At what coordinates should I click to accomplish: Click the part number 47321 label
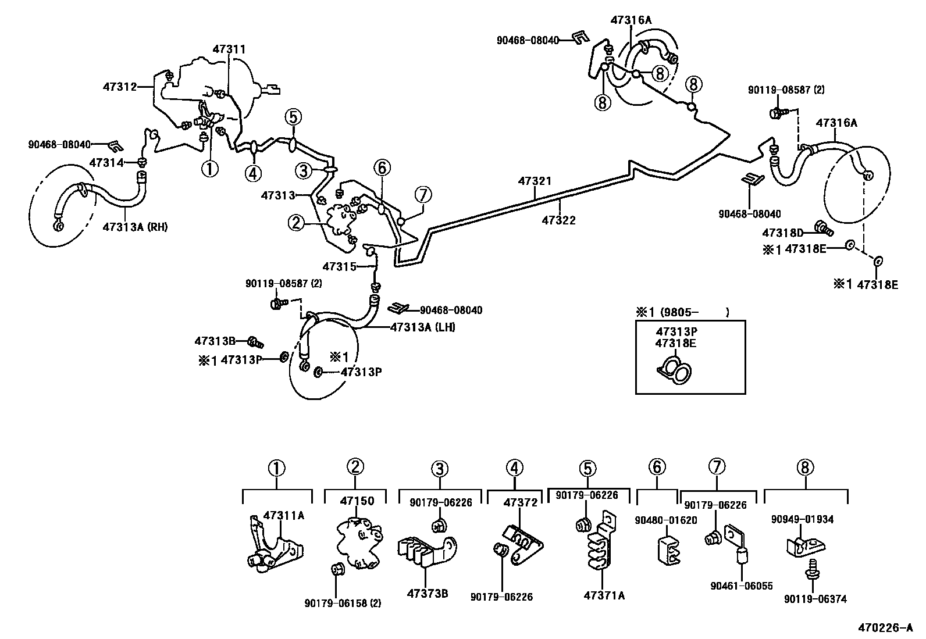(x=535, y=181)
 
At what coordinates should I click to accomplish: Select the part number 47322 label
(x=558, y=220)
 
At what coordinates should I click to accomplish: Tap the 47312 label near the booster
(x=120, y=87)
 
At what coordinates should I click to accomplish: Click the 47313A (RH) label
(x=135, y=227)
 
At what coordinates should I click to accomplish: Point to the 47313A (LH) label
(x=423, y=327)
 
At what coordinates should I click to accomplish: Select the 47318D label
(x=782, y=233)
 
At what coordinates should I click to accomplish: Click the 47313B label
(x=215, y=341)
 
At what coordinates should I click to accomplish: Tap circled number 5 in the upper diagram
(x=293, y=117)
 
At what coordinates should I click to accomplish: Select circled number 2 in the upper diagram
(x=296, y=222)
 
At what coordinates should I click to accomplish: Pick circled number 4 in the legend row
(x=514, y=467)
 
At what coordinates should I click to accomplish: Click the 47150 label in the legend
(x=357, y=501)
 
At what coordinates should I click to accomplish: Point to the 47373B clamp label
(x=428, y=594)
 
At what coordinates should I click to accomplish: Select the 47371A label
(x=604, y=595)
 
